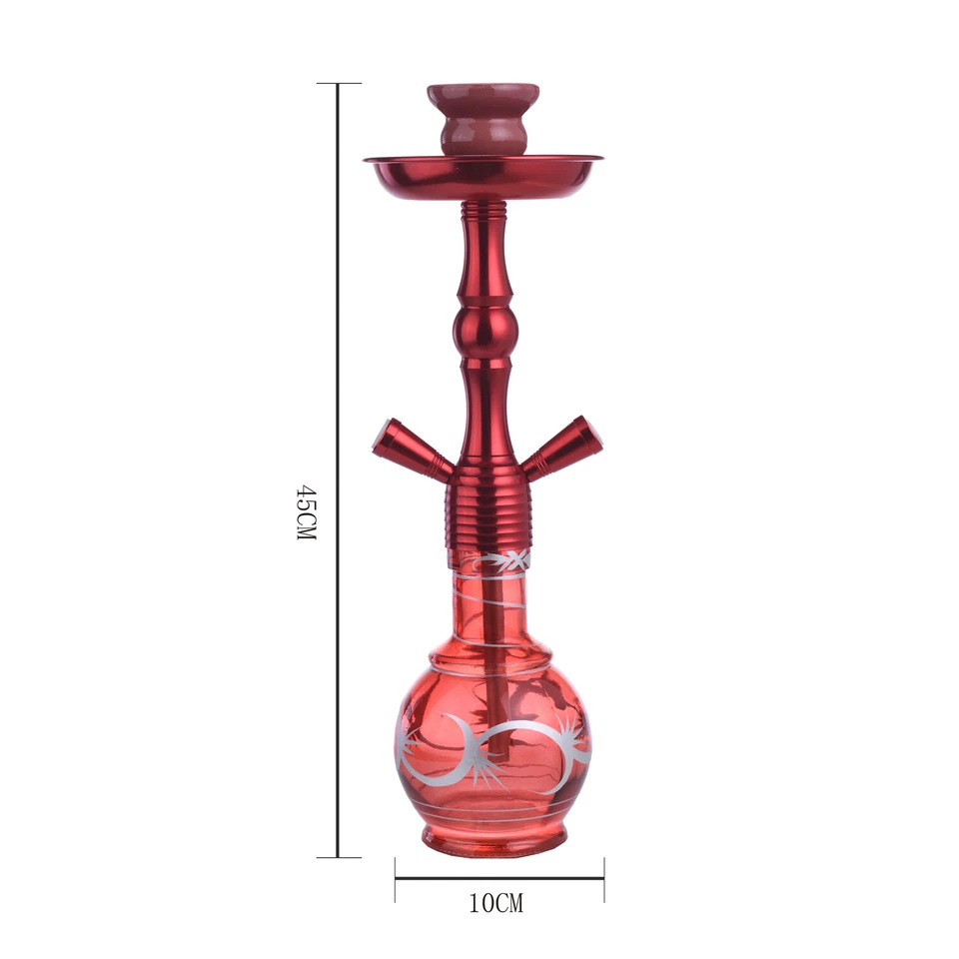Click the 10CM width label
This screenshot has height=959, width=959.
click(495, 904)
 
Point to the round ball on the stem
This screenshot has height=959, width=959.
click(484, 331)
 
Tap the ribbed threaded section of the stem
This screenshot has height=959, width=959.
click(485, 509)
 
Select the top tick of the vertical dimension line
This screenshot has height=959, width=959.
click(339, 84)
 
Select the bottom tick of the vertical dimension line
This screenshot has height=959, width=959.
click(339, 857)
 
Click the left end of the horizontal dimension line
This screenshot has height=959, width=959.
click(396, 878)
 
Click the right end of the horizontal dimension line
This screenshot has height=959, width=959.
click(603, 878)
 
